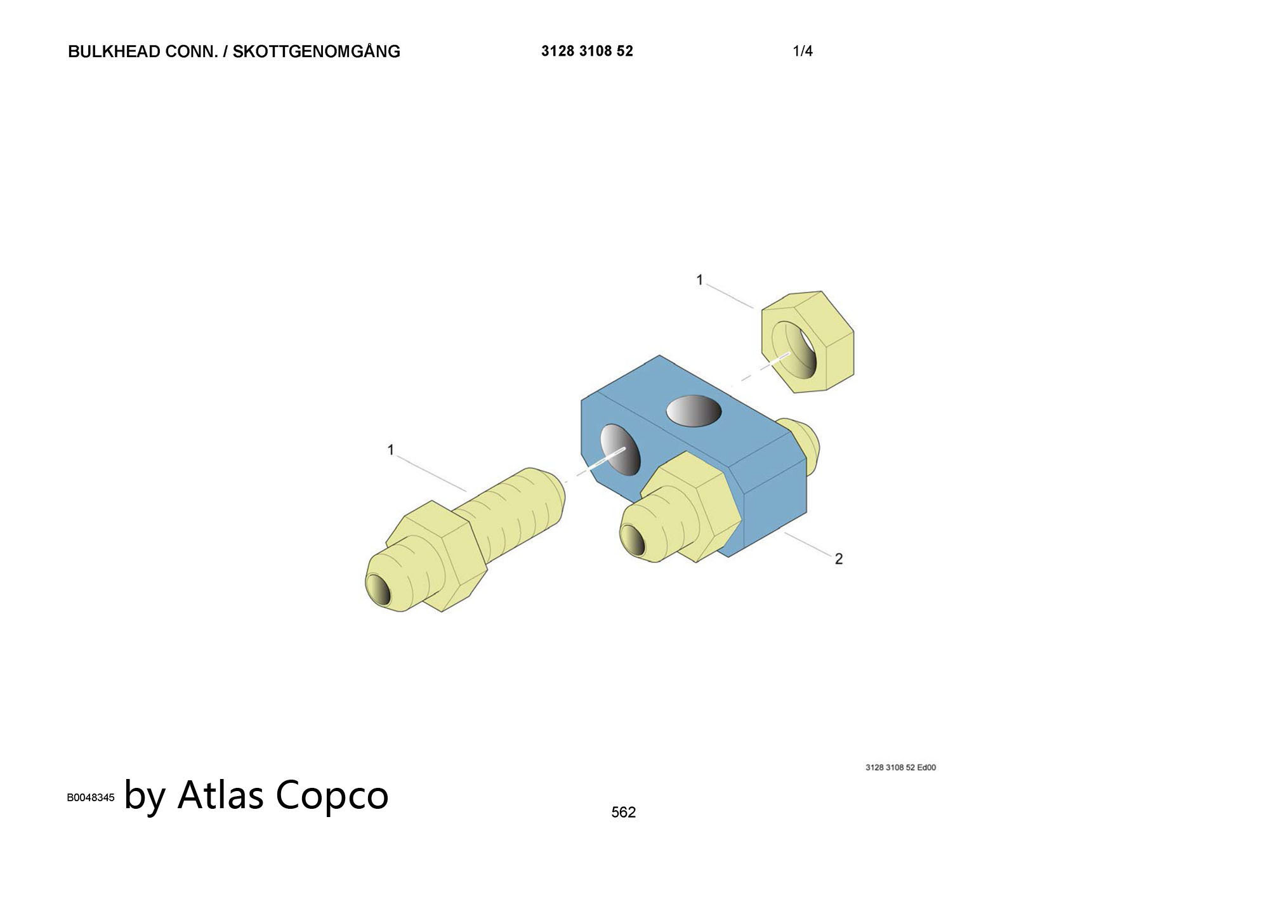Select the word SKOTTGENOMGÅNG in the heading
pyautogui.click(x=317, y=51)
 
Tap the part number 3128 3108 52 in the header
pyautogui.click(x=587, y=51)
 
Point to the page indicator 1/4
pyautogui.click(x=803, y=51)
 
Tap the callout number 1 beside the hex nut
pyautogui.click(x=700, y=280)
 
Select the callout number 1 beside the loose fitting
pyautogui.click(x=391, y=450)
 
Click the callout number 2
pyautogui.click(x=839, y=559)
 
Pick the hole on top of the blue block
pyautogui.click(x=694, y=410)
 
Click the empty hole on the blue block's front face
pyautogui.click(x=621, y=449)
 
